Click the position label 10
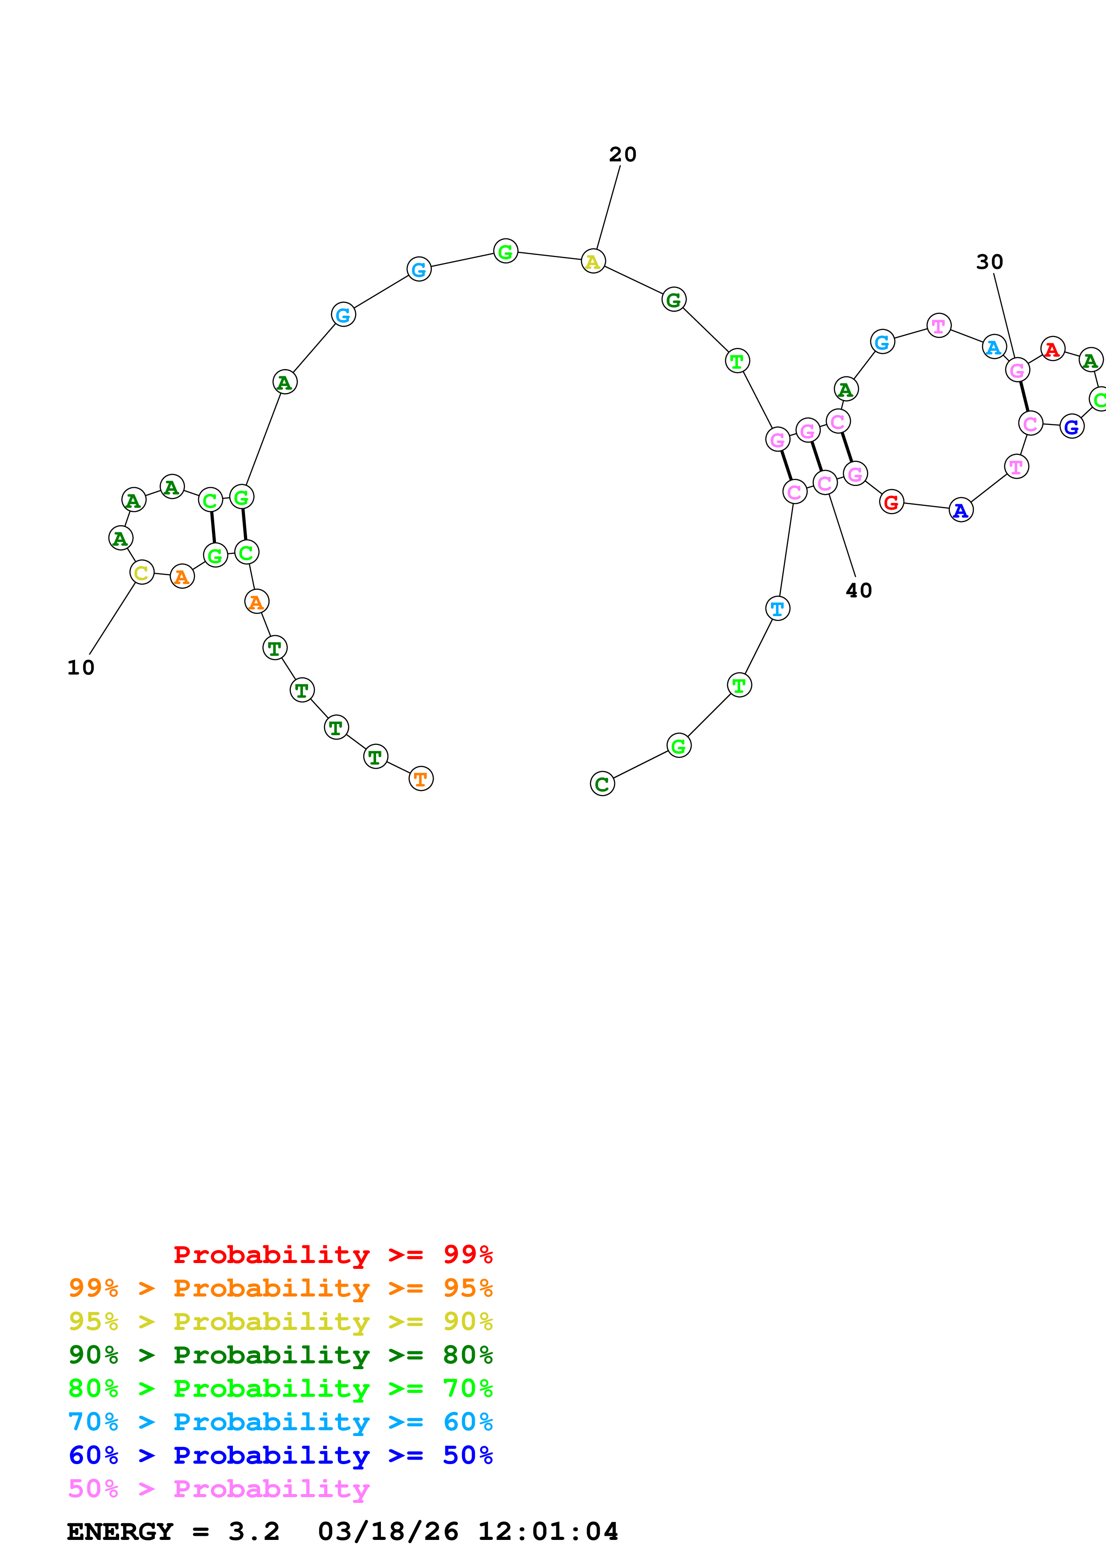80,667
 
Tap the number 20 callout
622,155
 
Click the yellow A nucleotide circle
593,262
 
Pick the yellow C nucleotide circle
142,573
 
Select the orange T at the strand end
420,778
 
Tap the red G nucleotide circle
891,503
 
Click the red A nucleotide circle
1052,350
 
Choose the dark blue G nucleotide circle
1071,427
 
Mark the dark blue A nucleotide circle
960,510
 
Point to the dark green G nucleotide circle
673,300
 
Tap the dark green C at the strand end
602,784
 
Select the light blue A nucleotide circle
994,347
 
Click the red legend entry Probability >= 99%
332,1255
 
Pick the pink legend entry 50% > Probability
218,1489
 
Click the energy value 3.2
253,1532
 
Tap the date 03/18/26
388,1532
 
